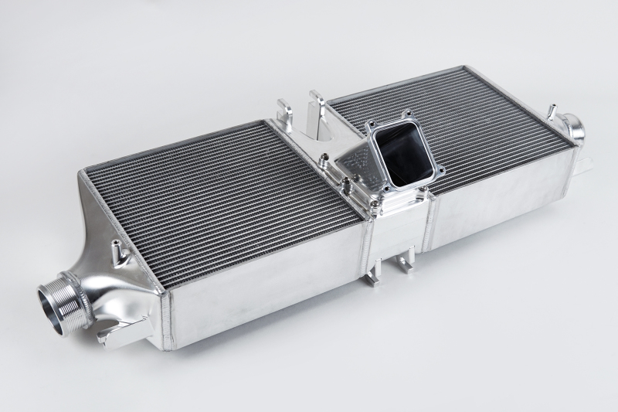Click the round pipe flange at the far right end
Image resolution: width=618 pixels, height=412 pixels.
pyautogui.click(x=576, y=128)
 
